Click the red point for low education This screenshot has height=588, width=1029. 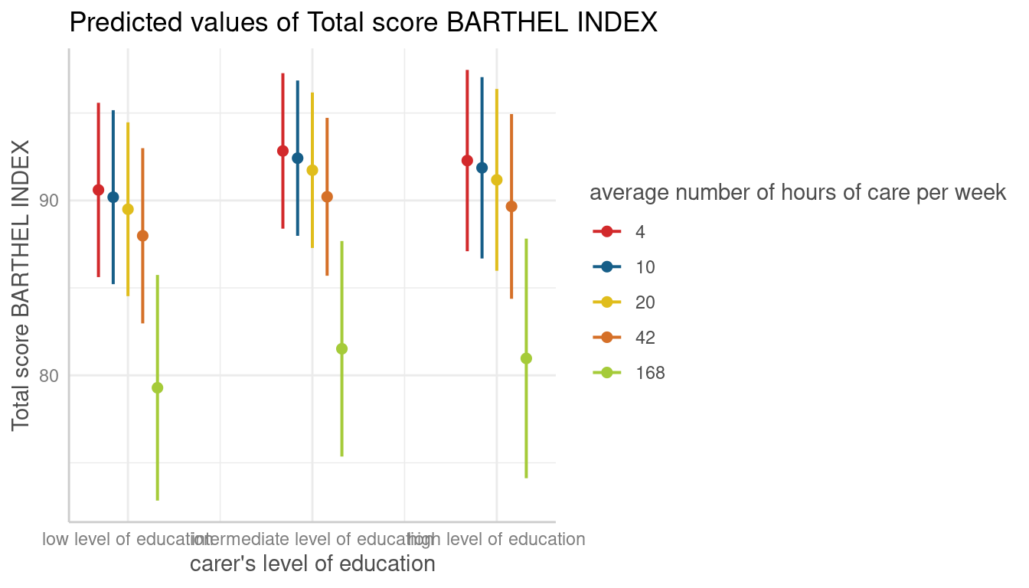[x=98, y=190]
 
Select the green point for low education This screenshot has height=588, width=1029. [x=157, y=387]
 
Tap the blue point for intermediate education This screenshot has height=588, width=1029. [x=297, y=158]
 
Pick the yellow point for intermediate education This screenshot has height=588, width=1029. [x=312, y=170]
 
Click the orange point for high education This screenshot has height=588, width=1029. [x=511, y=207]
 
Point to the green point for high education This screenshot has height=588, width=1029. [x=526, y=358]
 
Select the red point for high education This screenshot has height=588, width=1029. [x=467, y=161]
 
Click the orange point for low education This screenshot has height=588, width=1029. [x=142, y=236]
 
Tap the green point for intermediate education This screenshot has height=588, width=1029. [x=341, y=349]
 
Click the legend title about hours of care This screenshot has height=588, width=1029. [x=797, y=194]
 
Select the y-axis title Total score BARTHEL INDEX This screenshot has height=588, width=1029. [x=21, y=285]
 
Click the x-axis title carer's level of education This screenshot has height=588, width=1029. [x=312, y=564]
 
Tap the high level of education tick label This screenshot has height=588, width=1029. [x=498, y=539]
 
